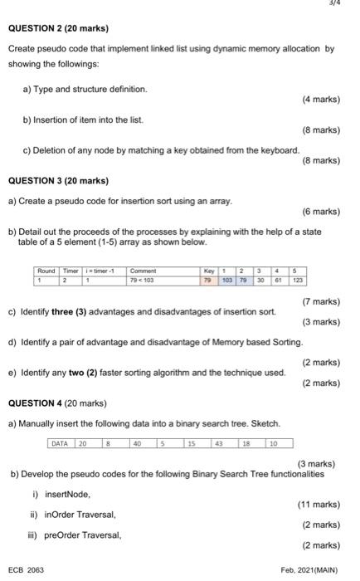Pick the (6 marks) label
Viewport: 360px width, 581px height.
coord(322,212)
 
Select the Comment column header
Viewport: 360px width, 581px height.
coord(144,271)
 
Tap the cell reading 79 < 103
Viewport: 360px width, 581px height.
coord(144,281)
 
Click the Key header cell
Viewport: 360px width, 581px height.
coord(208,271)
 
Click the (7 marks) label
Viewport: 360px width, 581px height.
coord(322,301)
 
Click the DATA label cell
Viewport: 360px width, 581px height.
coord(60,444)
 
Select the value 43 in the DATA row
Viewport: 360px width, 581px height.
coord(219,444)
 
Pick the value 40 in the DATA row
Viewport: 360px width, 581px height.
coord(135,444)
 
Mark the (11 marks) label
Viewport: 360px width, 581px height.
coord(319,504)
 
